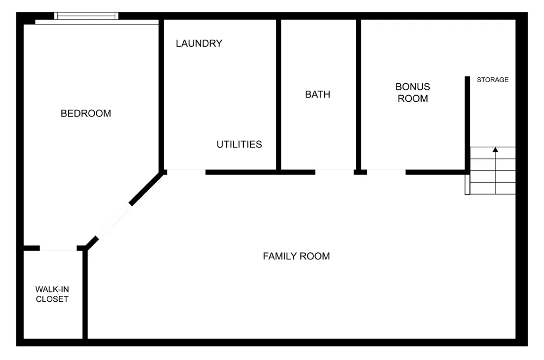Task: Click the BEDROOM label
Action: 86,114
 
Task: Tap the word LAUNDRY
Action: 199,44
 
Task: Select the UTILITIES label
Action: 239,144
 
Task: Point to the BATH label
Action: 318,94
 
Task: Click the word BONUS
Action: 412,86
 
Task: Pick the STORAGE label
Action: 493,80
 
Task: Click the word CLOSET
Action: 52,299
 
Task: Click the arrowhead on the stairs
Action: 496,150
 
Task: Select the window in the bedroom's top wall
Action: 86,16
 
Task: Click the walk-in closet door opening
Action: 58,248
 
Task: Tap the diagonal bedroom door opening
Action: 114,221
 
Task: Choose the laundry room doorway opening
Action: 186,172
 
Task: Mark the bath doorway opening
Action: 335,172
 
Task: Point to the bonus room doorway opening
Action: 386,172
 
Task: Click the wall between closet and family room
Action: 85,294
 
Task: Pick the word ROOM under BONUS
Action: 412,98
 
